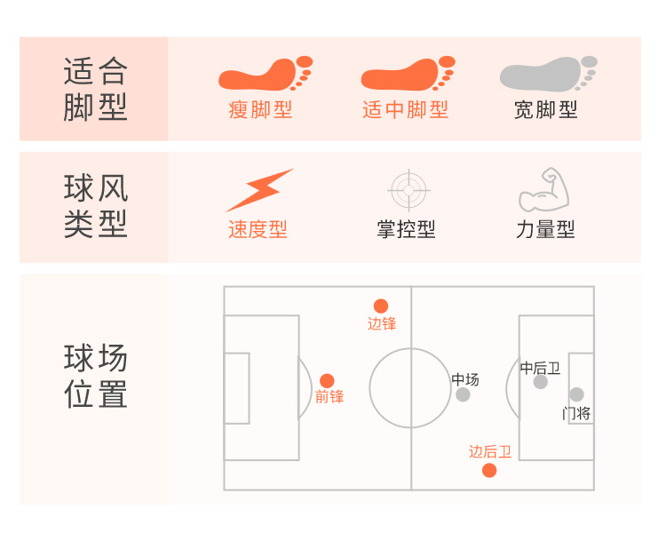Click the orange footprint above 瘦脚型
264,74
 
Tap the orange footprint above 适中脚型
407,74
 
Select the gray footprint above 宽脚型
547,74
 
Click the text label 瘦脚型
260,110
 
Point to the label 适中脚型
406,110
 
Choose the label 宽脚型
546,110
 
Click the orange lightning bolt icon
258,189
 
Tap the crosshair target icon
409,189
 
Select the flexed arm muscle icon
543,189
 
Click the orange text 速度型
258,229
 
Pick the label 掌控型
406,229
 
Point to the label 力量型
545,229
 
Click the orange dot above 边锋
381,306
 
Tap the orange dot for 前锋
327,380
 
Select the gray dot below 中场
463,394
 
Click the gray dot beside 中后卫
541,382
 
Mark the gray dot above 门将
577,394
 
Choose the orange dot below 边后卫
489,470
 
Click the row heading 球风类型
95,206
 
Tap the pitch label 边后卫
490,451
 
